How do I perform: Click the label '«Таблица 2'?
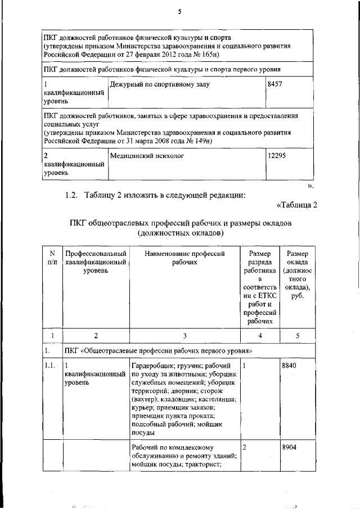pyautogui.click(x=297, y=204)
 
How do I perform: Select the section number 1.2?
pyautogui.click(x=73, y=195)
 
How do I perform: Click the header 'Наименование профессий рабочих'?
pyautogui.click(x=184, y=258)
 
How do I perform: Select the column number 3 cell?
pyautogui.click(x=184, y=336)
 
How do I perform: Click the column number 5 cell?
pyautogui.click(x=297, y=336)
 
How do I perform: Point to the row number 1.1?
pyautogui.click(x=51, y=366)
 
